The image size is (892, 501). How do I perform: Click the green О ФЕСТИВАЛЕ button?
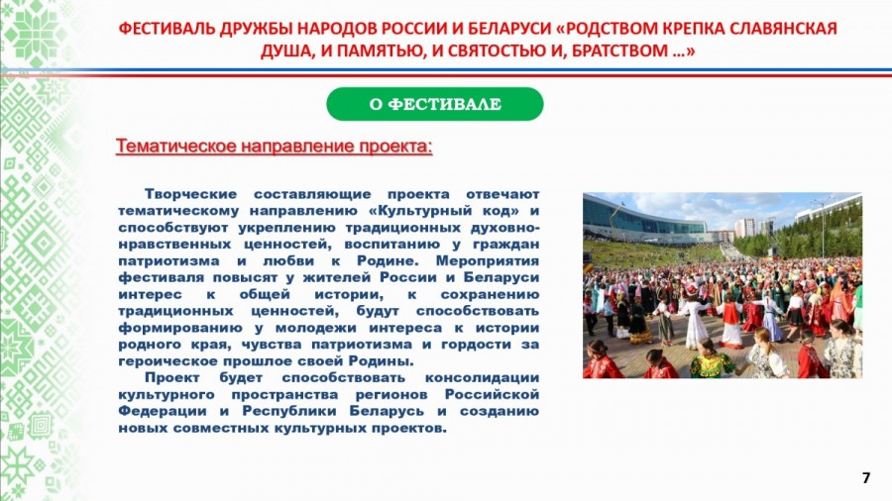(435, 104)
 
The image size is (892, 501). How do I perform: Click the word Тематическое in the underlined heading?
(175, 147)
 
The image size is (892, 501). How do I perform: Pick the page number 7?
(866, 477)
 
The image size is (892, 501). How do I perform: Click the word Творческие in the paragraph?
(190, 194)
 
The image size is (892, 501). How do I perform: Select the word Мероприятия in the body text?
(487, 260)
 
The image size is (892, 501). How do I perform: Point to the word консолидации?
(482, 378)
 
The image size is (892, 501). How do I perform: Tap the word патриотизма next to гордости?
(361, 345)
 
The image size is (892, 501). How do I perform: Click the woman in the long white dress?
(696, 324)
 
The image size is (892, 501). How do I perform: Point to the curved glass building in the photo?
(643, 219)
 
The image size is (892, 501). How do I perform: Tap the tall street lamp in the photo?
(823, 227)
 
